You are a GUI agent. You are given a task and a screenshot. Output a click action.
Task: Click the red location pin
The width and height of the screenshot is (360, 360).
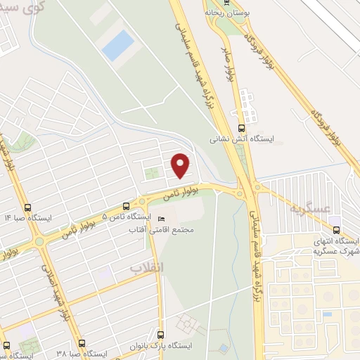(181, 165)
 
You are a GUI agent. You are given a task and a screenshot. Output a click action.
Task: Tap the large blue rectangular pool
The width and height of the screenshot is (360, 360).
(117, 45)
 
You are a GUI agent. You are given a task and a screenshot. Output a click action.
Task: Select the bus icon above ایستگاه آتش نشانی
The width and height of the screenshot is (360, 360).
(242, 128)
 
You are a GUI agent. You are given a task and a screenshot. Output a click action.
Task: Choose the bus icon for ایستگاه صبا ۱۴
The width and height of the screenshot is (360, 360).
(27, 207)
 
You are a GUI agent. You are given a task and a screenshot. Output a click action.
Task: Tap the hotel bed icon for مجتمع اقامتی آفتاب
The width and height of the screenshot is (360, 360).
(162, 219)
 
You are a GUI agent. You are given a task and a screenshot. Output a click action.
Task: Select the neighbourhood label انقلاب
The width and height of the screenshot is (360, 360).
(146, 267)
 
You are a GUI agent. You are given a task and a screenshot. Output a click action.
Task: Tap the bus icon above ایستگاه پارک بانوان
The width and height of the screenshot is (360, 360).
(160, 334)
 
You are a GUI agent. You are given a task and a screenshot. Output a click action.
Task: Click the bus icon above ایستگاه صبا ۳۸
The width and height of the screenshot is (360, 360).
(82, 344)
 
